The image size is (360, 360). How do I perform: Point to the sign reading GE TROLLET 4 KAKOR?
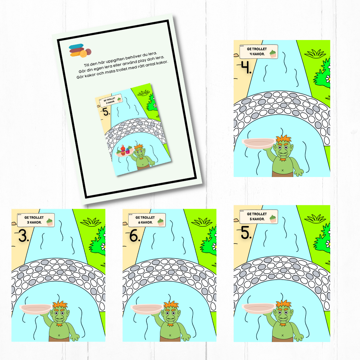[259, 51]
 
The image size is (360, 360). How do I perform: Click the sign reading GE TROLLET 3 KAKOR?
[36, 220]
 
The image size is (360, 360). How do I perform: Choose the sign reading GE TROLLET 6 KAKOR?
[147, 220]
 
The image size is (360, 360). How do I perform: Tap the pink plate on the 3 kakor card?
[36, 309]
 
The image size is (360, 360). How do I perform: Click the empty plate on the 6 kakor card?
[147, 309]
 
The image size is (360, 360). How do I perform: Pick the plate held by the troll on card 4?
[259, 143]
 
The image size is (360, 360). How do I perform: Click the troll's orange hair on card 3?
[60, 305]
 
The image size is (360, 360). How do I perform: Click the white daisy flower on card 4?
[328, 79]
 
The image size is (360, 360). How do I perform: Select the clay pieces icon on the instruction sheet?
[80, 50]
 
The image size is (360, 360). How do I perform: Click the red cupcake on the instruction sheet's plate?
[123, 150]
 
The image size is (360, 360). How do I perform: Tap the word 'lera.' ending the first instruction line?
[152, 54]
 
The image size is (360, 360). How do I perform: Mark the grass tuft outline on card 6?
[202, 222]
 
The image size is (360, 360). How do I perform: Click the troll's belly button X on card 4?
[282, 170]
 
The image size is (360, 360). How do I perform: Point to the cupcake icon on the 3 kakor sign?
[50, 222]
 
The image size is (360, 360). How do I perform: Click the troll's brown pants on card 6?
[170, 339]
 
